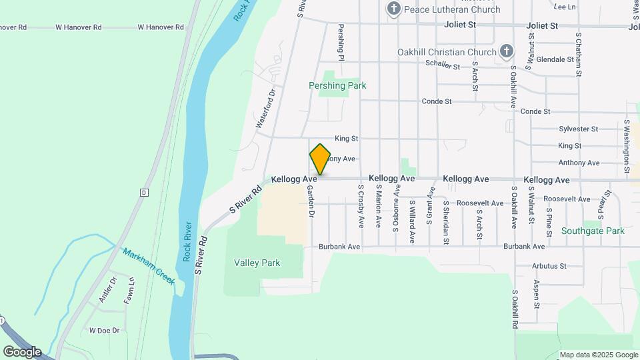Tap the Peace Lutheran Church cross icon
pyautogui.click(x=394, y=9)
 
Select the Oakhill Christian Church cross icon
pyautogui.click(x=506, y=51)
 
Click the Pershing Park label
pyautogui.click(x=337, y=85)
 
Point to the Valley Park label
pyautogui.click(x=257, y=263)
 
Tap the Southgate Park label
pyautogui.click(x=593, y=231)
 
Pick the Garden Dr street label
pyautogui.click(x=311, y=201)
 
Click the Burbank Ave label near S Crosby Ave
pyautogui.click(x=339, y=247)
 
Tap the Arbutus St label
pyautogui.click(x=549, y=266)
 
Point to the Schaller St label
pyautogui.click(x=443, y=66)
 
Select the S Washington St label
pyautogui.click(x=627, y=147)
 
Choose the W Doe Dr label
pyautogui.click(x=104, y=330)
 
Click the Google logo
pyautogui.click(x=22, y=351)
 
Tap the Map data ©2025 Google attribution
pyautogui.click(x=599, y=355)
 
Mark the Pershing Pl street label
pyautogui.click(x=341, y=42)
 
